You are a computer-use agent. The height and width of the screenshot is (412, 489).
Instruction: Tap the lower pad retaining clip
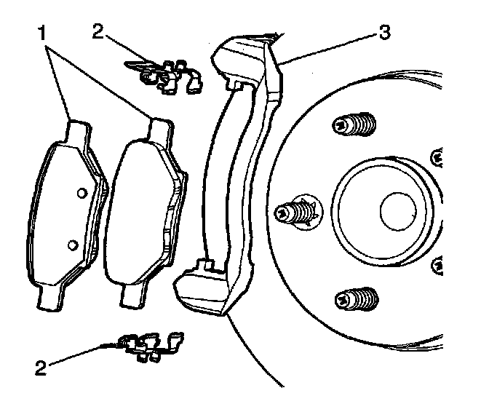pos(150,346)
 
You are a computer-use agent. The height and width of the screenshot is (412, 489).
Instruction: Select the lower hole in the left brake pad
pos(72,243)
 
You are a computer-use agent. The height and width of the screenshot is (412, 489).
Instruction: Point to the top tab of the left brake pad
pos(78,131)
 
